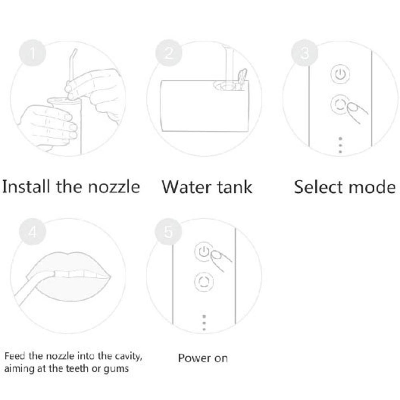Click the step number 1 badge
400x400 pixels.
pos(33,53)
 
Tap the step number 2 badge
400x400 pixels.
pos(169,53)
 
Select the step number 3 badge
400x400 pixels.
pos(305,53)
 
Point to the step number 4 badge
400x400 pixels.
pos(33,232)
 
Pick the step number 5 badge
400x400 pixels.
pos(168,232)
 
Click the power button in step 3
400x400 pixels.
pos(340,74)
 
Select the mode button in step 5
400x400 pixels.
pos(204,282)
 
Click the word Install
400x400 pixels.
pos(26,186)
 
